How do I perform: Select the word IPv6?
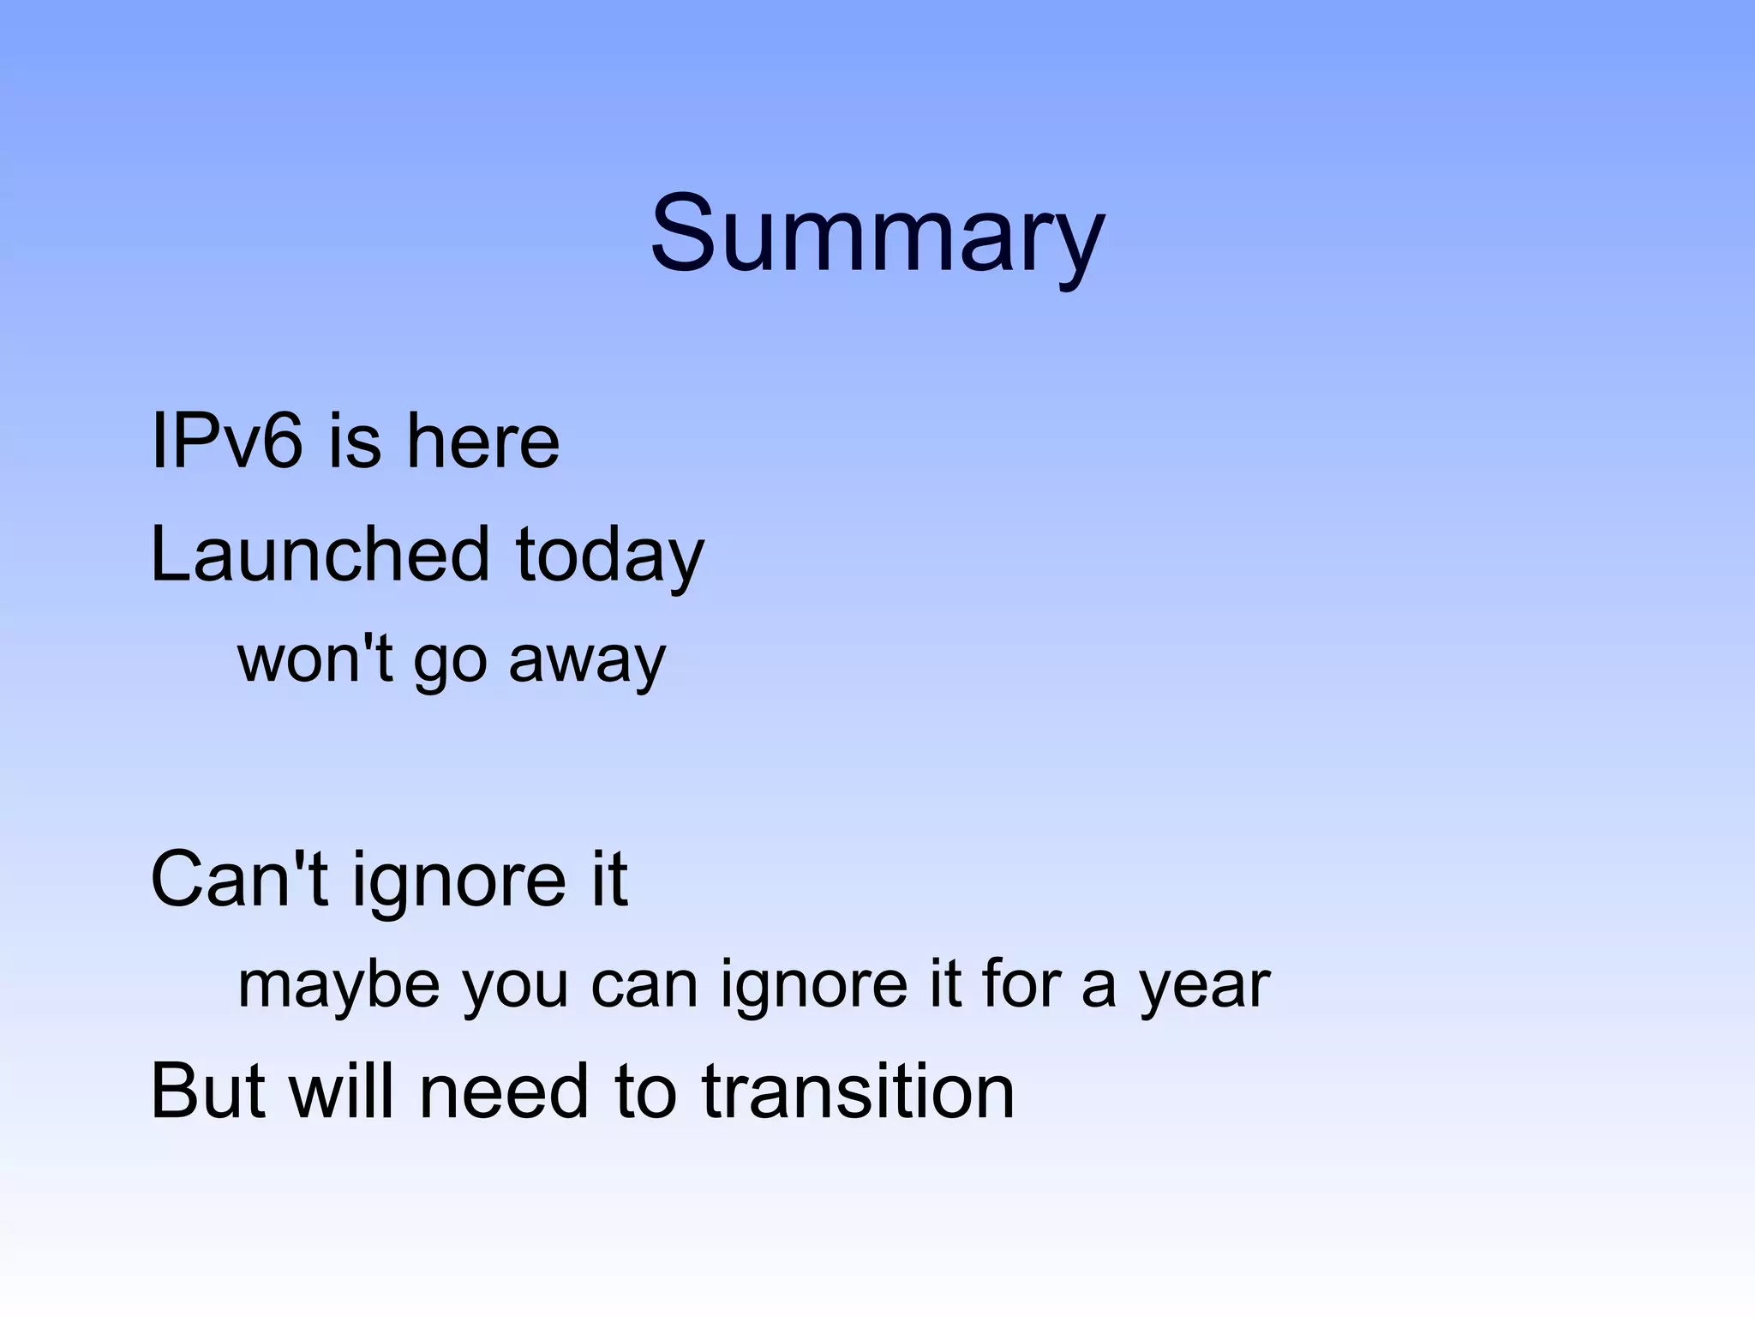tap(226, 442)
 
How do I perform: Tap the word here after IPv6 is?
tap(482, 442)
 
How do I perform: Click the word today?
tap(609, 556)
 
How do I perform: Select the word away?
tap(586, 660)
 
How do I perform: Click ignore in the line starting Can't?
tap(458, 881)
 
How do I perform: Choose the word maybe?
tap(338, 985)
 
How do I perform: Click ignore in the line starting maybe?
tap(813, 985)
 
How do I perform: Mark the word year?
tap(1204, 987)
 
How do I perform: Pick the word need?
tap(505, 1091)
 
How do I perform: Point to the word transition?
tap(858, 1091)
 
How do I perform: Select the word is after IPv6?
tap(354, 442)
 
